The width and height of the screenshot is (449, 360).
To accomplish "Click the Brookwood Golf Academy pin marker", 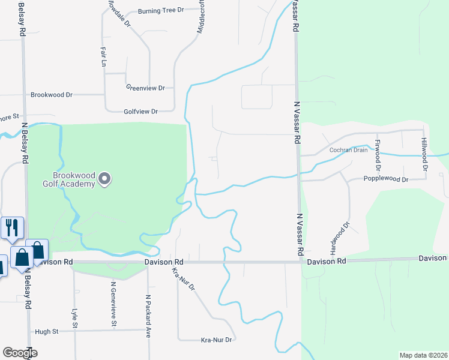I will (x=105, y=178).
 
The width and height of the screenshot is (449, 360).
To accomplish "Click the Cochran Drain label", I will (x=348, y=150).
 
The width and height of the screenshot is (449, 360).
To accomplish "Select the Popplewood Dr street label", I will (x=386, y=179).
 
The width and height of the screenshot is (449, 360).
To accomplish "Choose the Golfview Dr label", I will (x=140, y=112).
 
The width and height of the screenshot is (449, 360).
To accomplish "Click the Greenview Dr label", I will (x=145, y=88).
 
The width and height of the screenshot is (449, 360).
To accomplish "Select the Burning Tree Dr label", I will (x=160, y=11).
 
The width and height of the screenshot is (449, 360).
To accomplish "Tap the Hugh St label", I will (x=46, y=331).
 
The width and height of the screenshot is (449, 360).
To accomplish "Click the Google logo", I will (x=20, y=353).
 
